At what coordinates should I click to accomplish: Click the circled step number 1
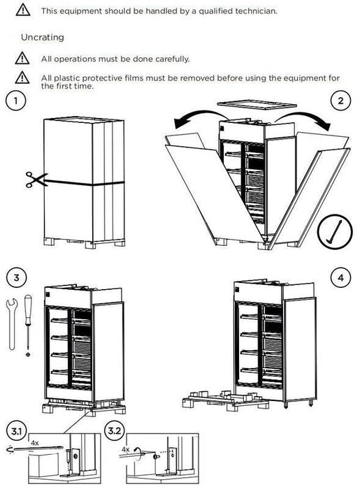point(13,101)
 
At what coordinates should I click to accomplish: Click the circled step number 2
point(340,101)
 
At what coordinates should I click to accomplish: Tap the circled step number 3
point(13,277)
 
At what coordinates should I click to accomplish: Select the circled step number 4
point(340,277)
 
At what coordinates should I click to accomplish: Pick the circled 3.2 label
point(115,428)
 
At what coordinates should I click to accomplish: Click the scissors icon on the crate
point(32,180)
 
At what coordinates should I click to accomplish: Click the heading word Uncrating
point(43,36)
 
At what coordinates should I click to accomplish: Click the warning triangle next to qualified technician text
point(24,10)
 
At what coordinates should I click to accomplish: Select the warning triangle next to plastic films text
point(24,78)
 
